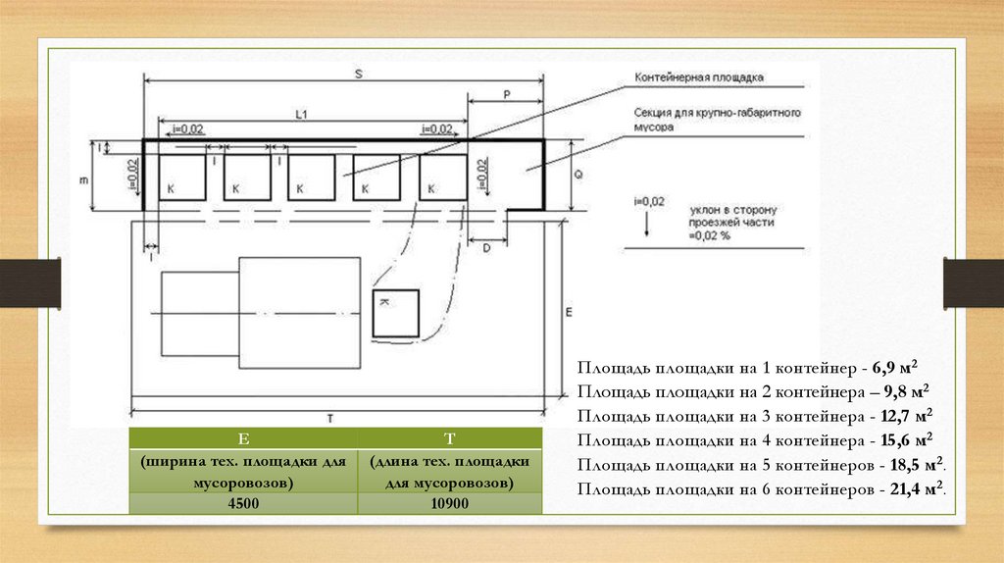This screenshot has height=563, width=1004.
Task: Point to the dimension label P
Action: tap(507, 94)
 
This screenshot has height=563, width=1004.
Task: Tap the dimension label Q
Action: tap(577, 174)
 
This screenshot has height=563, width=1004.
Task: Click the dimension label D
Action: tap(486, 249)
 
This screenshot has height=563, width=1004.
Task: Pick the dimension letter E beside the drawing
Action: tap(569, 312)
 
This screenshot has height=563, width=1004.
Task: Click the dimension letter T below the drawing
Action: tap(330, 418)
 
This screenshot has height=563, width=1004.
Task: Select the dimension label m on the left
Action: tap(84, 179)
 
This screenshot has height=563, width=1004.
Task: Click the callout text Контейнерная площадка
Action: tap(699, 77)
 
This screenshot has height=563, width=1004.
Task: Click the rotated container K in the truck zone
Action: tap(395, 313)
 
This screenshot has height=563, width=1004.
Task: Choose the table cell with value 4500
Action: tap(244, 504)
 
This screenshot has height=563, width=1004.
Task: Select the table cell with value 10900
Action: tap(450, 504)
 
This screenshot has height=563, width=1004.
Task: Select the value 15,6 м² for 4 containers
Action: tap(908, 440)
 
